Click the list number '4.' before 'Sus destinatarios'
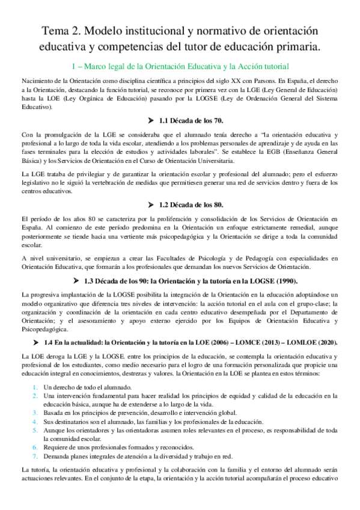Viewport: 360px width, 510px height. pos(35,422)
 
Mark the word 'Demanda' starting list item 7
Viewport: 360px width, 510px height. pos(56,456)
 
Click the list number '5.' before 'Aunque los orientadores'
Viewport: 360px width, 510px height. pos(35,431)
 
